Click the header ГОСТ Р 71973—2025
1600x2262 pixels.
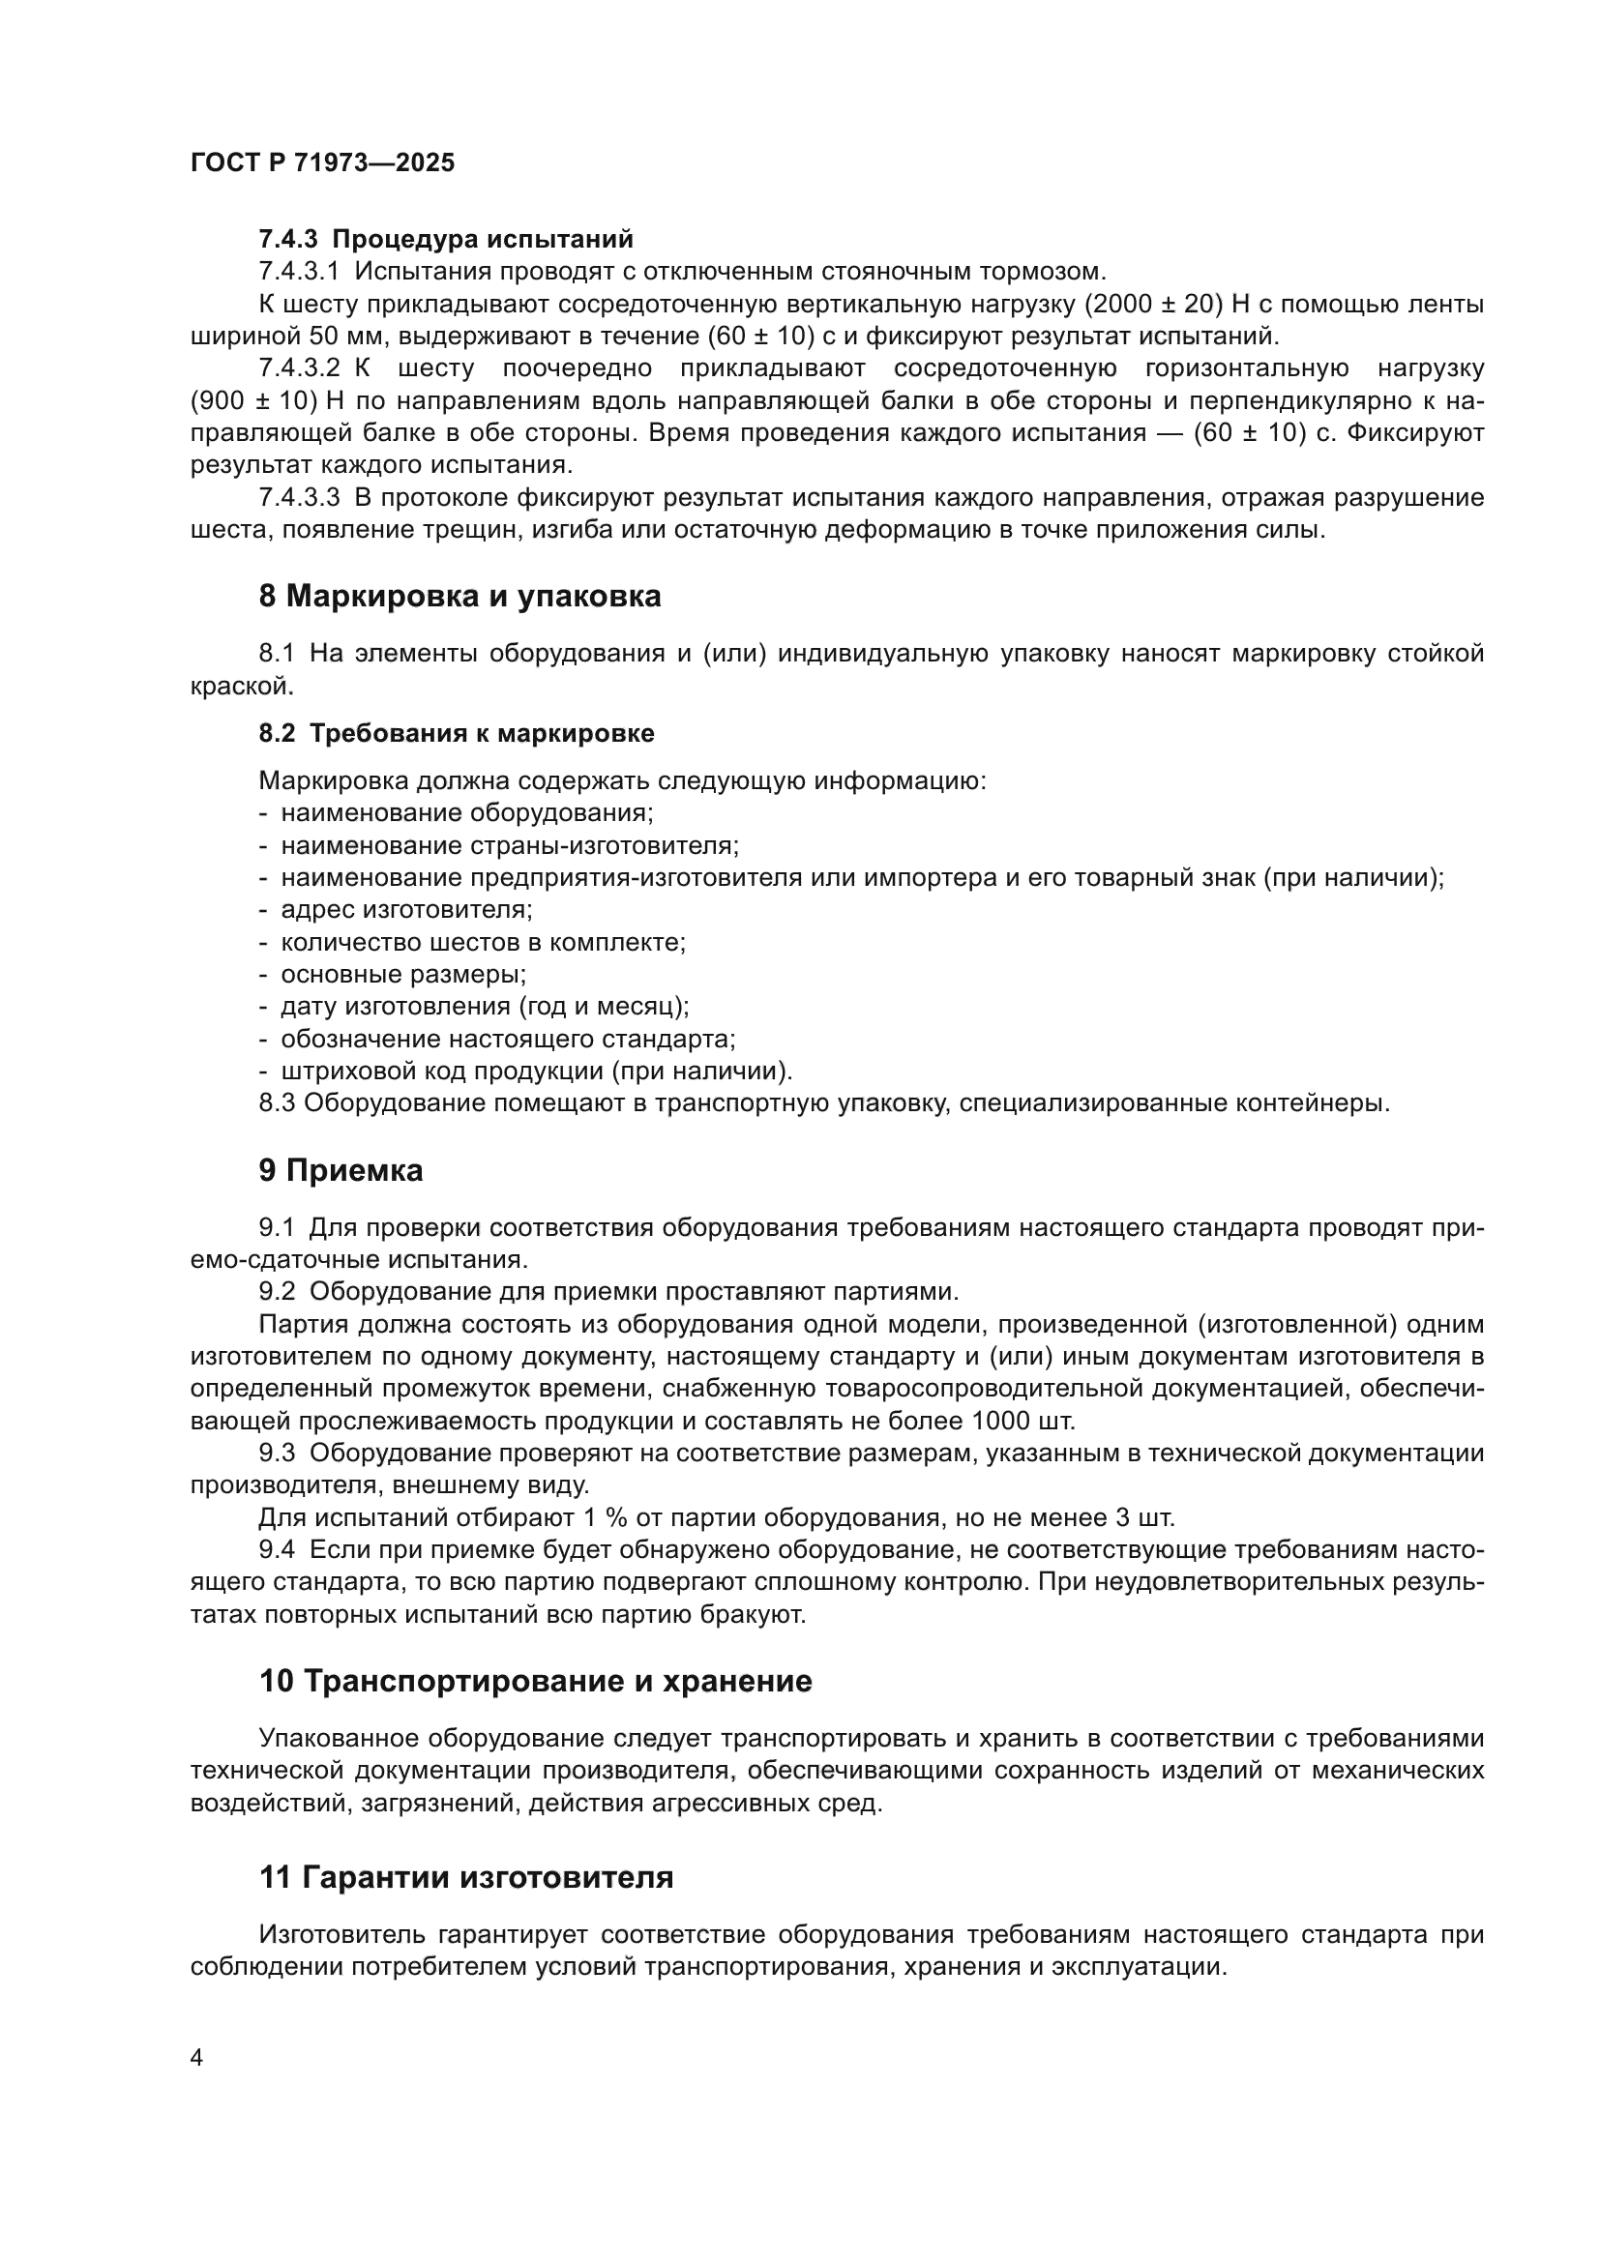coord(322,163)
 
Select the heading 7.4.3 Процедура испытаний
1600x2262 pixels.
coord(445,240)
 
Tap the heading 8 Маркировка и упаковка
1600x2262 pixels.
coord(459,597)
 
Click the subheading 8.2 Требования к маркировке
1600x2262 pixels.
coord(457,733)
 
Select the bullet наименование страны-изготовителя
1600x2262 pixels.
coord(510,845)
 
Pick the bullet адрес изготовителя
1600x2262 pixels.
coord(406,909)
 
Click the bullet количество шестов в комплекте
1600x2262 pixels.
coord(483,942)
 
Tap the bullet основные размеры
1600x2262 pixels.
coord(403,975)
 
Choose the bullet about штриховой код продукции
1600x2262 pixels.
coord(536,1071)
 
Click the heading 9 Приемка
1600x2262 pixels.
coord(341,1170)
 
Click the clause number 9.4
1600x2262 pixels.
coord(277,1549)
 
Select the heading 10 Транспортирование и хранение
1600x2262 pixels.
coord(535,1681)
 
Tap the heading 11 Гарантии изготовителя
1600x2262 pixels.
coord(466,1878)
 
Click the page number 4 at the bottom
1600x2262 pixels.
coord(197,2058)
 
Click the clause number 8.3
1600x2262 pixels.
coord(277,1103)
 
